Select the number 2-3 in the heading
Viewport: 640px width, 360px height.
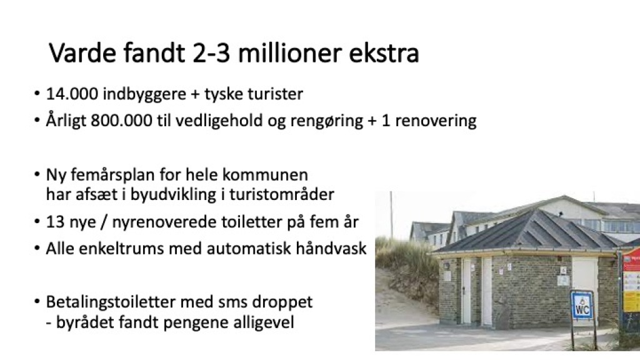(211, 53)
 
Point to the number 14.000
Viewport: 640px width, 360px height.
(72, 94)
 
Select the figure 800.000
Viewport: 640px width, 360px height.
(121, 121)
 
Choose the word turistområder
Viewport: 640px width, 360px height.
(282, 194)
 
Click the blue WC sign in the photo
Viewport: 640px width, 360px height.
(582, 304)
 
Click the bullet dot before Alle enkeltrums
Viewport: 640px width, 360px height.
(37, 248)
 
